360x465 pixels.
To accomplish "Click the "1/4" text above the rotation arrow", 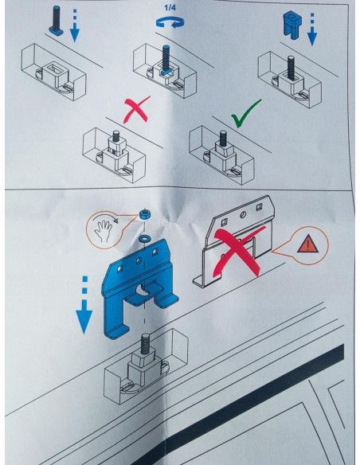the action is click(x=170, y=7).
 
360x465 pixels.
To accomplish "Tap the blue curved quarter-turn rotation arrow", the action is click(x=170, y=22).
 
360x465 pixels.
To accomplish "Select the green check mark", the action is click(x=246, y=114).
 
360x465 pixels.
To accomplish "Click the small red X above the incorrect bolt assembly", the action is click(x=137, y=109).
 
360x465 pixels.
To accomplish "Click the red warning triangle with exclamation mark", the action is click(x=308, y=244).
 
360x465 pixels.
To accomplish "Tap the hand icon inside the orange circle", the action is click(x=103, y=230).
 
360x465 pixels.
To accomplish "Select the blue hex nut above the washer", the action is click(x=144, y=214).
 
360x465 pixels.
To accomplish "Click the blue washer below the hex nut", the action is click(x=145, y=237).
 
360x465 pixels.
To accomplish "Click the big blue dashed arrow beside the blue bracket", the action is click(x=84, y=305).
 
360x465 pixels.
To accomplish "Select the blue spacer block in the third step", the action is click(x=292, y=25).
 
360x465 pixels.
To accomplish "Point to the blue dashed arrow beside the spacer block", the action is click(x=312, y=29).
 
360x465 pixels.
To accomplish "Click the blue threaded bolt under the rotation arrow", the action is click(x=165, y=59).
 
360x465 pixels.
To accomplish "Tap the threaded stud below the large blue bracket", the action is click(x=145, y=344).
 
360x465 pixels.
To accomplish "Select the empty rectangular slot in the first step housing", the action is click(x=56, y=68).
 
